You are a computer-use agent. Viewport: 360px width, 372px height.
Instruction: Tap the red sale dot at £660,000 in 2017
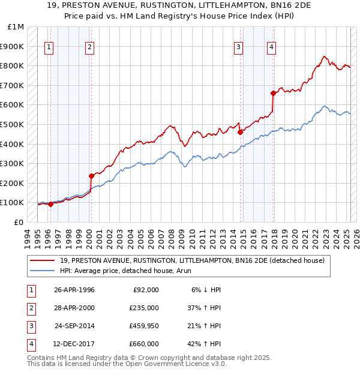point(273,93)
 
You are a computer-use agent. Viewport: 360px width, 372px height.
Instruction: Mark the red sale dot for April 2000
point(91,176)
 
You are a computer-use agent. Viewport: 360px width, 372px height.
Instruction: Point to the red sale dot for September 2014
point(240,132)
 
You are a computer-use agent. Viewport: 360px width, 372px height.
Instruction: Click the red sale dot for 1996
point(50,204)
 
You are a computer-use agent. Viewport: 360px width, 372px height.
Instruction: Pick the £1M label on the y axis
point(16,27)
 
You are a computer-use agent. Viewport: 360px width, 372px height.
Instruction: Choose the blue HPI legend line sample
point(43,271)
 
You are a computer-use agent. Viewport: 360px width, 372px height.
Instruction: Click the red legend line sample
point(43,260)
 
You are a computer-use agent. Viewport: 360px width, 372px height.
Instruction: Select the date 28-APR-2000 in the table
point(74,308)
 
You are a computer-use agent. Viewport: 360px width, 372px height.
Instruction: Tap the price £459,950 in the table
point(144,326)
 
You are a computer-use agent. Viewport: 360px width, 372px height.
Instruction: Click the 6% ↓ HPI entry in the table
point(206,290)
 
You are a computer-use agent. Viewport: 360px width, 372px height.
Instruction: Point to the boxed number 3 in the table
point(29,326)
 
